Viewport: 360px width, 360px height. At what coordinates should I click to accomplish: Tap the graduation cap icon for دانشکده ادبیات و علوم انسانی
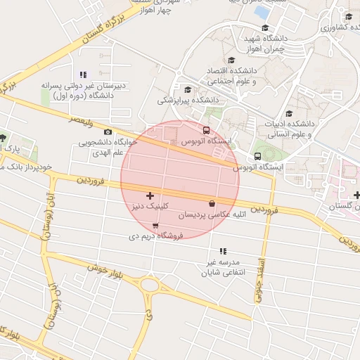pyautogui.click(x=289, y=114)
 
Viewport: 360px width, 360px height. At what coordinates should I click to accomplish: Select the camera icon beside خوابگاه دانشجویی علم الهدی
pyautogui.click(x=108, y=131)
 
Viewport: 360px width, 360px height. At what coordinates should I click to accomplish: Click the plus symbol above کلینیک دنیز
pyautogui.click(x=149, y=195)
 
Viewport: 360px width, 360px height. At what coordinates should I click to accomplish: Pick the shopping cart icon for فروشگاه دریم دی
pyautogui.click(x=155, y=226)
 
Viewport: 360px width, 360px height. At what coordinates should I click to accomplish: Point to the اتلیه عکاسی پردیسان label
pyautogui.click(x=212, y=215)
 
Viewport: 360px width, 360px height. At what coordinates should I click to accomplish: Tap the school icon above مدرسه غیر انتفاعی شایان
pyautogui.click(x=223, y=251)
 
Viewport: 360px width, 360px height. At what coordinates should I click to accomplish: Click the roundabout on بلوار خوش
pyautogui.click(x=150, y=285)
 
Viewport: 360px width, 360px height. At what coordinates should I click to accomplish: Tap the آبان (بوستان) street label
pyautogui.click(x=47, y=219)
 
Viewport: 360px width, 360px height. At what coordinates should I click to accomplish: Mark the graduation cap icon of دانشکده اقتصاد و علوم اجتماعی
pyautogui.click(x=232, y=60)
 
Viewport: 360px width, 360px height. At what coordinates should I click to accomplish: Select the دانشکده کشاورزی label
pyautogui.click(x=340, y=27)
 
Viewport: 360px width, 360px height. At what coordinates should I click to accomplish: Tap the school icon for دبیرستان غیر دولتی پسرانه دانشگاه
pyautogui.click(x=83, y=75)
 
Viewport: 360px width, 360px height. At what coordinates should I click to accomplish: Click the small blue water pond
pyautogui.click(x=262, y=12)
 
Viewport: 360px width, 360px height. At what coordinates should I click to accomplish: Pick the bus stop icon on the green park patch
pyautogui.click(x=257, y=155)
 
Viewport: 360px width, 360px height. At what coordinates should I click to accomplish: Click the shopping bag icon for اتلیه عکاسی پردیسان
pyautogui.click(x=212, y=203)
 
